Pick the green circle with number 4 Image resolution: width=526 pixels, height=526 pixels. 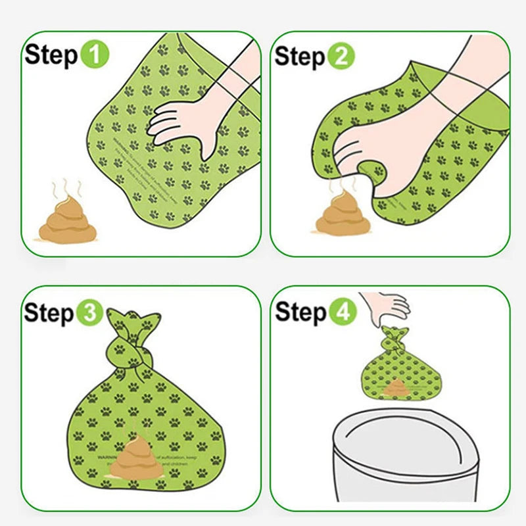click(x=342, y=312)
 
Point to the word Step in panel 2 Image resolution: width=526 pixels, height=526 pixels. click(x=300, y=57)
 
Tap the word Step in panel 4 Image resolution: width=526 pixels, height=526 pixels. click(x=300, y=312)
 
